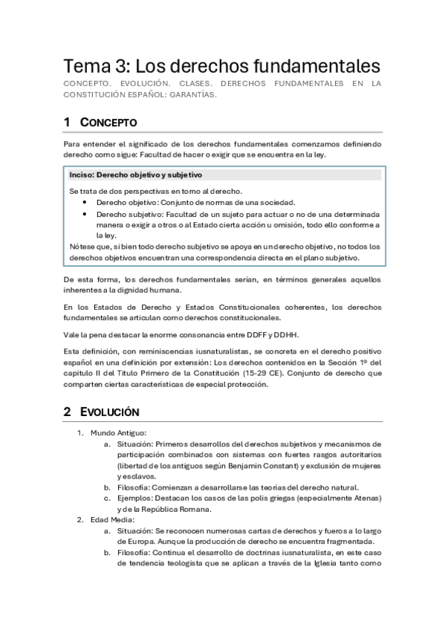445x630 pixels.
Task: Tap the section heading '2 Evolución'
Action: (x=100, y=411)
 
